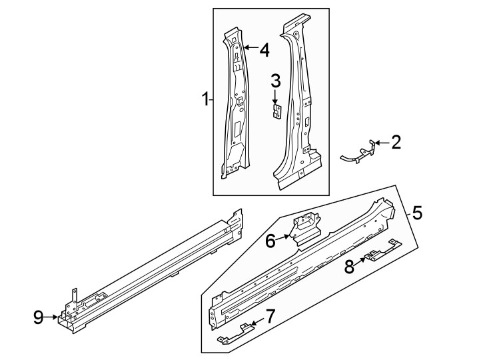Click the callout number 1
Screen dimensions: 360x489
click(206, 100)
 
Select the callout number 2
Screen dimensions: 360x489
click(396, 142)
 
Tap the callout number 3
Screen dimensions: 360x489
click(275, 81)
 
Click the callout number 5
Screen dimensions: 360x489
click(416, 213)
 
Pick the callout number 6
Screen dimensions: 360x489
click(270, 241)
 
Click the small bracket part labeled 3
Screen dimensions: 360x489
click(276, 110)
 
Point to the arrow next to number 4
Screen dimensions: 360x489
click(250, 48)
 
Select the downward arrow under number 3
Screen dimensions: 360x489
click(275, 97)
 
